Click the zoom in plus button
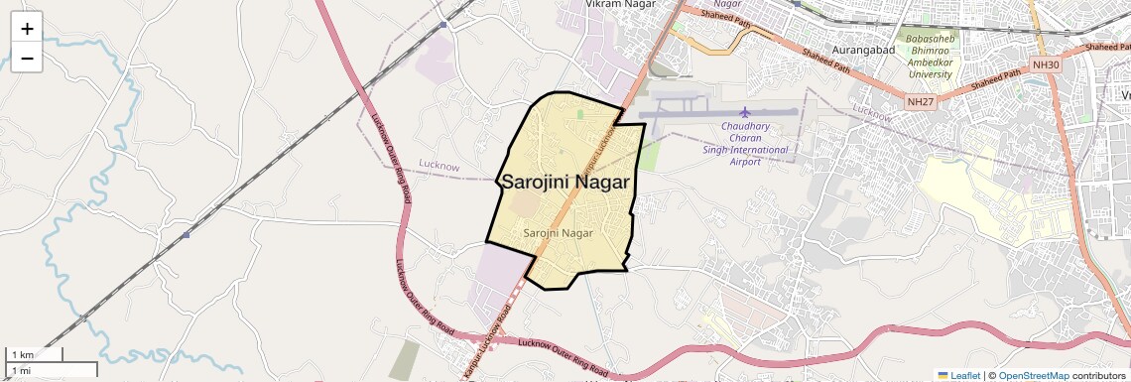pos(27,29)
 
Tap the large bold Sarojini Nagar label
pos(565,182)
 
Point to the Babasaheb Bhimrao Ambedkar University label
pos(930,57)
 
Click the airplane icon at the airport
pos(745,110)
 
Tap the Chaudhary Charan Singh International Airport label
pos(745,143)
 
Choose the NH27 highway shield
pos(919,100)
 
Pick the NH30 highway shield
pos(1047,64)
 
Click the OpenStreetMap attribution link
pos(1033,375)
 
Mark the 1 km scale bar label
pos(22,354)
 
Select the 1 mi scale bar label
pos(21,370)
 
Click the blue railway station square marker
pos(186,235)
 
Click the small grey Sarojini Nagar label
pos(559,233)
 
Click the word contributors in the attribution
pos(1098,375)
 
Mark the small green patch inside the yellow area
pos(579,115)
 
